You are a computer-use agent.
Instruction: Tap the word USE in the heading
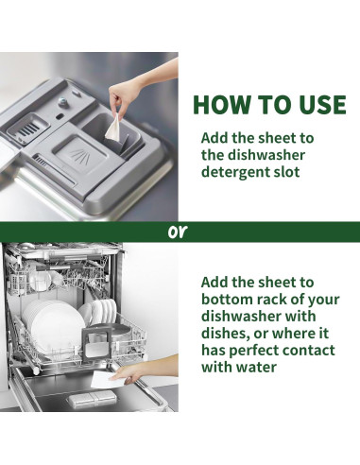[322, 104]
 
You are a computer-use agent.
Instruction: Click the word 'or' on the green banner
[178, 232]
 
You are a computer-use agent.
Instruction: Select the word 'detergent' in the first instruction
[232, 172]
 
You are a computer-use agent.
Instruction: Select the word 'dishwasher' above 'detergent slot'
[253, 155]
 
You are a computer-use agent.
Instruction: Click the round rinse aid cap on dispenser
[62, 101]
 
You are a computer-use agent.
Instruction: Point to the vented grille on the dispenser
[28, 127]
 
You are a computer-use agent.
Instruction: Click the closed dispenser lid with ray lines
[80, 153]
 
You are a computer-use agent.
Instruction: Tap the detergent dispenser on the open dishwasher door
[93, 399]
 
